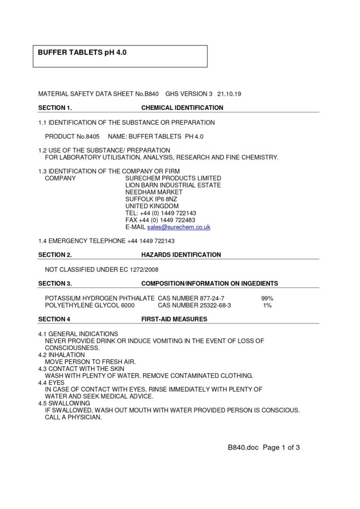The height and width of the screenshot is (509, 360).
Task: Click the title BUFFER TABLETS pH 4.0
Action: (83, 52)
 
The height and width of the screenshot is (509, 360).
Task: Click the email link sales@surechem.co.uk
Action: (179, 227)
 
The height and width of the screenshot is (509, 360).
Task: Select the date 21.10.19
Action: (229, 93)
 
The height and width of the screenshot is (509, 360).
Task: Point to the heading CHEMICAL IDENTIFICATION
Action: (182, 108)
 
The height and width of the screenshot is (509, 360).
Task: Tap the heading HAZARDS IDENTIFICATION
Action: (181, 255)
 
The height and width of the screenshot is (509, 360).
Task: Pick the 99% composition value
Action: (267, 298)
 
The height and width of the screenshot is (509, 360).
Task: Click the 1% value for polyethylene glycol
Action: (267, 306)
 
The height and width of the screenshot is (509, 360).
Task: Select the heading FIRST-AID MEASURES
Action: (175, 319)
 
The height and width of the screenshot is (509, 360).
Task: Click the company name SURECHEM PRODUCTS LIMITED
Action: (173, 178)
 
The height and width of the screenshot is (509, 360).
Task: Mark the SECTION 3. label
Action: (55, 284)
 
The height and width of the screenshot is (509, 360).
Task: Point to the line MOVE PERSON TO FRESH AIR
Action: (90, 362)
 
